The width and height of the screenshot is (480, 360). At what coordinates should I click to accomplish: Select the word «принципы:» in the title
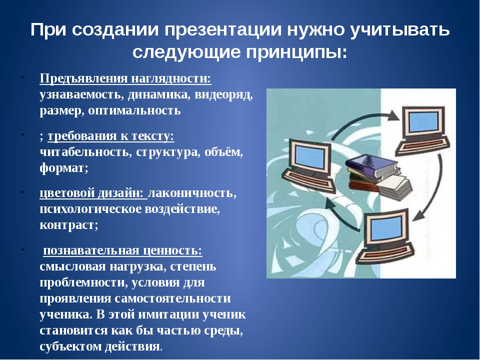297,52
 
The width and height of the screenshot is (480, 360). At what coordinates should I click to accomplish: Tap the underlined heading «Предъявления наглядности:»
125,78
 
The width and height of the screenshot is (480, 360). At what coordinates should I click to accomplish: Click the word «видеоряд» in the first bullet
224,94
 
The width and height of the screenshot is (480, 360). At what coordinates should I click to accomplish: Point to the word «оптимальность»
134,110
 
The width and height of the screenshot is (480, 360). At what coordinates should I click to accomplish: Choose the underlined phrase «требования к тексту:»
111,136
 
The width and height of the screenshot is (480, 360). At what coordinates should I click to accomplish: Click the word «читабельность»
84,152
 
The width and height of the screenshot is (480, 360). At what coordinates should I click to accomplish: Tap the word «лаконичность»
192,193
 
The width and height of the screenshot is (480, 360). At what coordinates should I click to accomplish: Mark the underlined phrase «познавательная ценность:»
123,250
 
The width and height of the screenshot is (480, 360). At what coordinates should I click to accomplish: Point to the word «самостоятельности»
172,298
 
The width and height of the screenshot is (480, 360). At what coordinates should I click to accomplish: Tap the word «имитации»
168,314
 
